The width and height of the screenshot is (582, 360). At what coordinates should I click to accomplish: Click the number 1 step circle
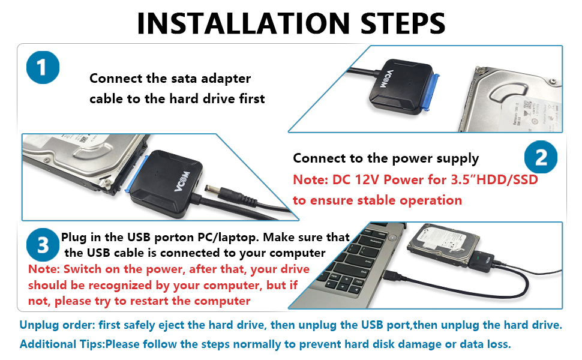43,68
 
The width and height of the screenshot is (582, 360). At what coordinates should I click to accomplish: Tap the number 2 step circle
541,158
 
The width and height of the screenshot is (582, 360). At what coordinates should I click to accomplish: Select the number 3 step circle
43,245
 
